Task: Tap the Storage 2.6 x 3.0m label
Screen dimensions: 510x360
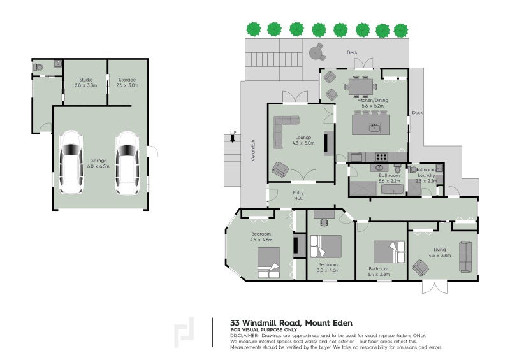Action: tap(127, 83)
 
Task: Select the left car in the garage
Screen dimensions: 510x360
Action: tap(71, 162)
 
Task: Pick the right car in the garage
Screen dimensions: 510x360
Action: tap(127, 162)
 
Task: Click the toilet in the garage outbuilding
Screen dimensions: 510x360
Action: tap(38, 68)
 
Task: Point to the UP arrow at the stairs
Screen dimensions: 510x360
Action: tap(233, 139)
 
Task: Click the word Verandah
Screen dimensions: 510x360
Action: tap(253, 150)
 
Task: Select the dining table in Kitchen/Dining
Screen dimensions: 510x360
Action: tap(361, 87)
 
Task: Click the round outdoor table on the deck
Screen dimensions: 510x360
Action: tap(315, 52)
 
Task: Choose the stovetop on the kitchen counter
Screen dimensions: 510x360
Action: tap(381, 157)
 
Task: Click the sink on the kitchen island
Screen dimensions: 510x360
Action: tap(374, 128)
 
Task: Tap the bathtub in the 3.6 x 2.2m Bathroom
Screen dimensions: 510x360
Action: tap(393, 189)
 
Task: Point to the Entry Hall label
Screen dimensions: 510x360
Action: tap(298, 196)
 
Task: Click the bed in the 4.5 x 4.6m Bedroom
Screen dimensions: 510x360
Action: tap(269, 263)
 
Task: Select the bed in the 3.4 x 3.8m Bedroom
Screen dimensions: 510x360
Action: tap(389, 252)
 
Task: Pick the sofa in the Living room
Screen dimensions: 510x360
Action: tap(465, 257)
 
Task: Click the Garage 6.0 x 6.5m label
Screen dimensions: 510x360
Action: tap(98, 163)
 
